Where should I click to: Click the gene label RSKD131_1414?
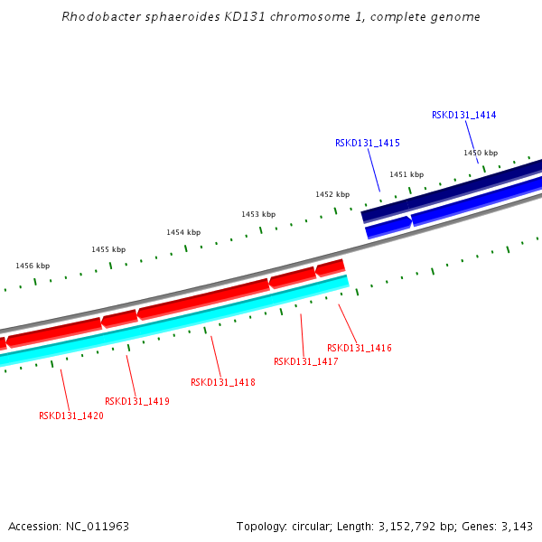pyautogui.click(x=463, y=115)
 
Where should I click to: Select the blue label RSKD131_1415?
pyautogui.click(x=367, y=143)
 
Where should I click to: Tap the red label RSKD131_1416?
pyautogui.click(x=359, y=348)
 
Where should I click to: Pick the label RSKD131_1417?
pyautogui.click(x=305, y=361)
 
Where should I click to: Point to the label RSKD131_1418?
pyautogui.click(x=222, y=382)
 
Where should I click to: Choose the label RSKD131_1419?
pyautogui.click(x=137, y=401)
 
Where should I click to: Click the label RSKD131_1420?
pyautogui.click(x=70, y=416)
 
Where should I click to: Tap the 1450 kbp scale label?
pyautogui.click(x=481, y=153)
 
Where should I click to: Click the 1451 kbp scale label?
pyautogui.click(x=406, y=174)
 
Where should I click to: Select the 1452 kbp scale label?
pyautogui.click(x=332, y=194)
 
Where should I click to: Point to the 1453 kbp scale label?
pyautogui.click(x=257, y=214)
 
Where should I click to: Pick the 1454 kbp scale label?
pyautogui.click(x=182, y=232)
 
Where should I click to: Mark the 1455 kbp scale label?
pyautogui.click(x=108, y=249)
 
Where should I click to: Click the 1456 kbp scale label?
pyautogui.click(x=33, y=266)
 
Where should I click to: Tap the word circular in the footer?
pyautogui.click(x=310, y=526)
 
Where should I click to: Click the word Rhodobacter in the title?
pyautogui.click(x=98, y=17)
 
